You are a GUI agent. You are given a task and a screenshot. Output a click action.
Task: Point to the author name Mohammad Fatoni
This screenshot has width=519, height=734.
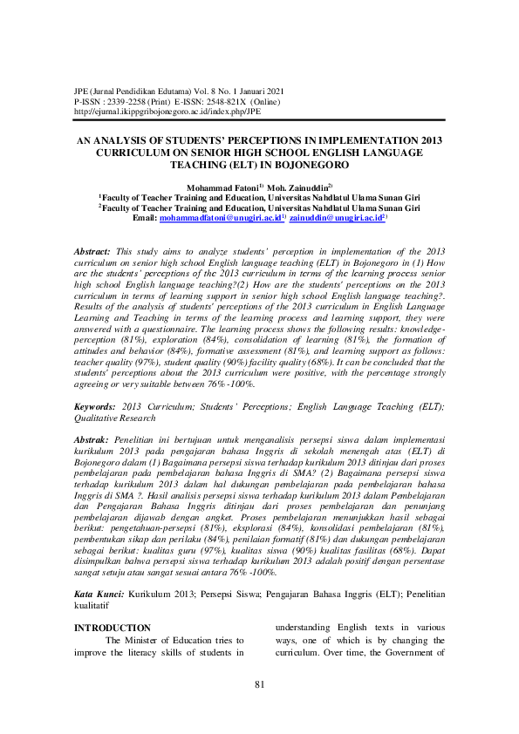216,187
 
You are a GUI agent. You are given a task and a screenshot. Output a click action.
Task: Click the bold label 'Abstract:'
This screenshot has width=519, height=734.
92,250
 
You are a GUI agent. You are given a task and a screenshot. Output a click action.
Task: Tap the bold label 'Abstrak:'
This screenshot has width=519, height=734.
92,444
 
